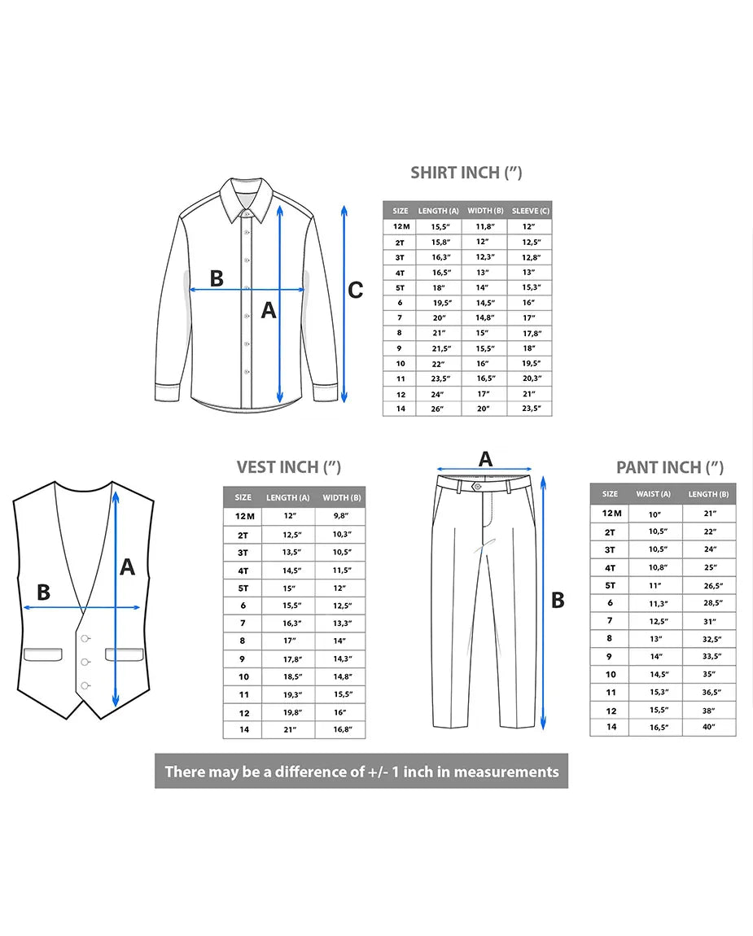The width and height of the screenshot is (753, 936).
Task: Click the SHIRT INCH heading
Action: (x=466, y=173)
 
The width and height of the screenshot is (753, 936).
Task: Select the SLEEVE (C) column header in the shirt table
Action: (x=530, y=211)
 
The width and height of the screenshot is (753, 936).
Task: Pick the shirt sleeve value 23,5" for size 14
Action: (x=531, y=409)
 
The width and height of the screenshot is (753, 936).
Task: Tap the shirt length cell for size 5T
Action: (x=438, y=288)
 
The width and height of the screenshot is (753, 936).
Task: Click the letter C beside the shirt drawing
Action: (x=355, y=290)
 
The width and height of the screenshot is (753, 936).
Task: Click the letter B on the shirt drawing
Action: (x=217, y=278)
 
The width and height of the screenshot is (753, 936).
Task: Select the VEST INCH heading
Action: (x=288, y=467)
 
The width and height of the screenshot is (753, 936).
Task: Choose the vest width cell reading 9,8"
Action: (x=340, y=516)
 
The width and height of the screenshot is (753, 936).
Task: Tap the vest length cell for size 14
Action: (x=290, y=729)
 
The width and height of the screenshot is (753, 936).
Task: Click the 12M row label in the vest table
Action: (x=244, y=516)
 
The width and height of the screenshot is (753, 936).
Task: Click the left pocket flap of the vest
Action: (x=43, y=654)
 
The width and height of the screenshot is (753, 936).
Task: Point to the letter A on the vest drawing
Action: (x=127, y=566)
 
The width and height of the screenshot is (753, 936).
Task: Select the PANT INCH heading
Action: (x=669, y=467)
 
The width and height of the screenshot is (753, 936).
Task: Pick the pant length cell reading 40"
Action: (x=708, y=727)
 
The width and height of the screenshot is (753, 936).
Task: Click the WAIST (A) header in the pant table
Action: (x=653, y=494)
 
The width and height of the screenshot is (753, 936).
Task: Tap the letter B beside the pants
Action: (x=558, y=600)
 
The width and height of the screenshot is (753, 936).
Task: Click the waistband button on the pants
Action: (x=476, y=487)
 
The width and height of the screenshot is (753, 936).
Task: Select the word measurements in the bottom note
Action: (x=506, y=772)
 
